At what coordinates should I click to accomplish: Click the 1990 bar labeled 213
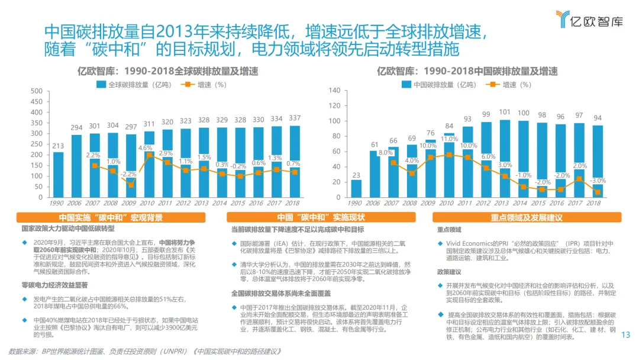[58, 172]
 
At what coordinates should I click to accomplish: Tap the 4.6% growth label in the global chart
[145, 148]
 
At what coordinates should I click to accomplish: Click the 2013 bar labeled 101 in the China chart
[505, 157]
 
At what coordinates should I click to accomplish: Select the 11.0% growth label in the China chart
[450, 139]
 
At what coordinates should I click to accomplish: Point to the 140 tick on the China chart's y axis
[334, 91]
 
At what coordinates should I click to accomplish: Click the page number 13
[626, 336]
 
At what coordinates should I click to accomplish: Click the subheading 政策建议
[449, 272]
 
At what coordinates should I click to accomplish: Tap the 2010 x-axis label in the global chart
[149, 202]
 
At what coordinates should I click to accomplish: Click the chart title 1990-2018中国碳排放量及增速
[467, 72]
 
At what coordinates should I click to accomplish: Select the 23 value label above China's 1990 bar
[356, 175]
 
